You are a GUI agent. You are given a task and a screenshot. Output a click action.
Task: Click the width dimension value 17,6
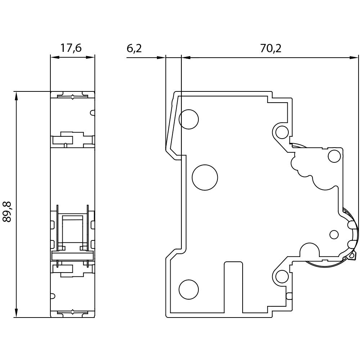pyautogui.click(x=71, y=48)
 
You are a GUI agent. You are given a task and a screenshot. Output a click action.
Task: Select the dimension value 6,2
pyautogui.click(x=134, y=48)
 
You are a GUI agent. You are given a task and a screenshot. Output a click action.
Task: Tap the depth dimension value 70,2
pyautogui.click(x=270, y=48)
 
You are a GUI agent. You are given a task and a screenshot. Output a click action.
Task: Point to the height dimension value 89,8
pyautogui.click(x=8, y=212)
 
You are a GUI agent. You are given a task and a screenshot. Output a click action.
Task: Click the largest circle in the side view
pyautogui.click(x=205, y=177)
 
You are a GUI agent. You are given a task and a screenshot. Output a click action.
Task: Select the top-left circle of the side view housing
pyautogui.click(x=189, y=119)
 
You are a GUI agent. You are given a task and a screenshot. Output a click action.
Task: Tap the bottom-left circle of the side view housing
pyautogui.click(x=189, y=289)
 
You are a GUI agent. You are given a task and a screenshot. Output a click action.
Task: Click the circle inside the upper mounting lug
pyautogui.click(x=282, y=132)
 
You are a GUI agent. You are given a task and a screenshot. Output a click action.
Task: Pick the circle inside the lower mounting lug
pyautogui.click(x=282, y=276)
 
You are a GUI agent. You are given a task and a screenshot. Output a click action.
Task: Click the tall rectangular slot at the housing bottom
pyautogui.click(x=233, y=286)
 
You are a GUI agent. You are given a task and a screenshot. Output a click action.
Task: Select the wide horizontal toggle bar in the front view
pyautogui.click(x=72, y=256)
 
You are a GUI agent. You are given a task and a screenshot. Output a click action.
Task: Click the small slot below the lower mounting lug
pyautogui.click(x=289, y=297)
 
